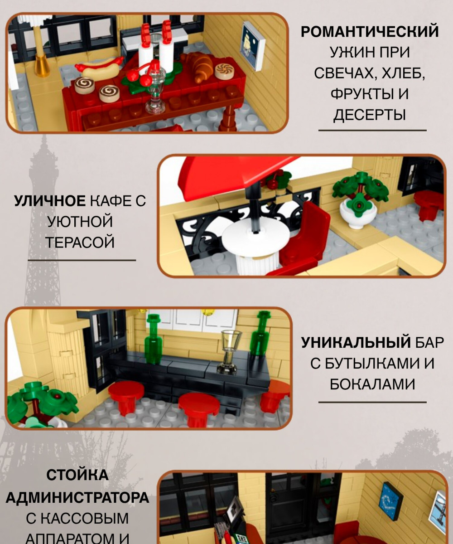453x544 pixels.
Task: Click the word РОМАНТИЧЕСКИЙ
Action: (x=370, y=32)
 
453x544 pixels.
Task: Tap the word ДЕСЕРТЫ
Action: (x=370, y=115)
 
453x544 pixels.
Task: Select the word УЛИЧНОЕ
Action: (x=50, y=201)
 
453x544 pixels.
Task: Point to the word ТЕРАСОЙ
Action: (x=80, y=242)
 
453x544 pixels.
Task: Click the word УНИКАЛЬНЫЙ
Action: (x=356, y=342)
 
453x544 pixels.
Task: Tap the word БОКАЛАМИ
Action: (x=372, y=384)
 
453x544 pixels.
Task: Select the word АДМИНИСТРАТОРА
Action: (x=77, y=498)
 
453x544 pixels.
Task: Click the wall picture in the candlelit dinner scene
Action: (x=253, y=46)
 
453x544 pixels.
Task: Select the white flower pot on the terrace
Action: (x=358, y=215)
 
